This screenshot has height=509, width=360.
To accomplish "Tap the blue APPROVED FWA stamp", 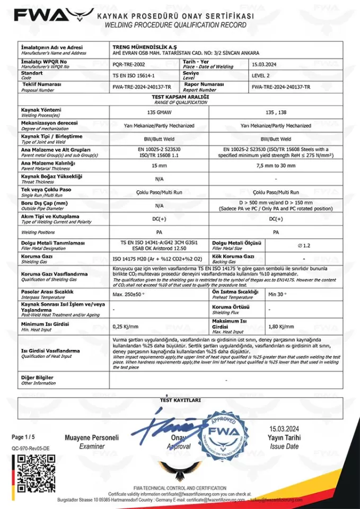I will pyautogui.click(x=224, y=433).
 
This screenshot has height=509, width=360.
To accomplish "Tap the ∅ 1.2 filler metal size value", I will pyautogui.click(x=304, y=245).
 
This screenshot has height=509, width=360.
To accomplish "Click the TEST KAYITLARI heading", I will pyautogui.click(x=180, y=400).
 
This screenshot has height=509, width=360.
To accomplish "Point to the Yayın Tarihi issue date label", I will pyautogui.click(x=284, y=438).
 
